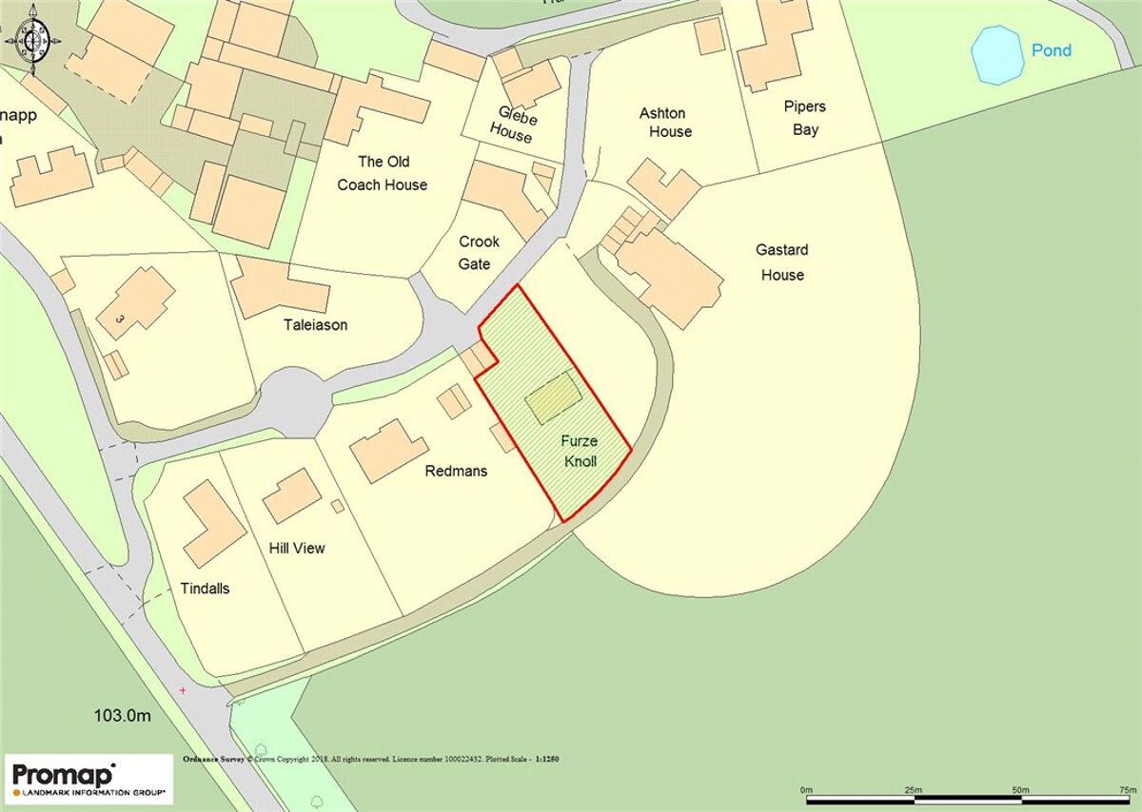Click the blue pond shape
(997, 55)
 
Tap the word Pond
(1052, 50)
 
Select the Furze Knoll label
(578, 452)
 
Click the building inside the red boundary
(552, 398)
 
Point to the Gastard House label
(781, 262)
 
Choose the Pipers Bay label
(805, 118)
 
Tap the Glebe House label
(514, 126)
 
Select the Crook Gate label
(478, 252)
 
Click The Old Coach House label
(383, 173)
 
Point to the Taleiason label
(315, 325)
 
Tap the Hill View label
(297, 548)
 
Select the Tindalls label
(205, 589)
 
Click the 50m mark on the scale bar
(1019, 790)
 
